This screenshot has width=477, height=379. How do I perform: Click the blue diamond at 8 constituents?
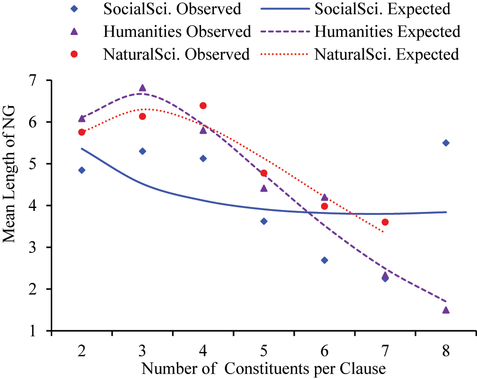tap(446, 143)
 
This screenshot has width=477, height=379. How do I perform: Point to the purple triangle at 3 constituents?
tap(142, 88)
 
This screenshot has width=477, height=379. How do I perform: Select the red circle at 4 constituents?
tap(203, 105)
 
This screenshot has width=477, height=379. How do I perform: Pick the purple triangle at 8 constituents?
tap(446, 310)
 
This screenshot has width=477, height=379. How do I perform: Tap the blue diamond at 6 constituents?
tap(324, 260)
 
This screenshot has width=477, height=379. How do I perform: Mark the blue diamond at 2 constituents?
tap(82, 170)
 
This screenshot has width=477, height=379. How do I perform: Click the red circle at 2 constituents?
tap(82, 132)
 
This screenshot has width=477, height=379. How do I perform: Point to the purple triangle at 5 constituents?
tap(264, 188)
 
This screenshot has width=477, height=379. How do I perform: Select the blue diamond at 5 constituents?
tap(264, 221)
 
